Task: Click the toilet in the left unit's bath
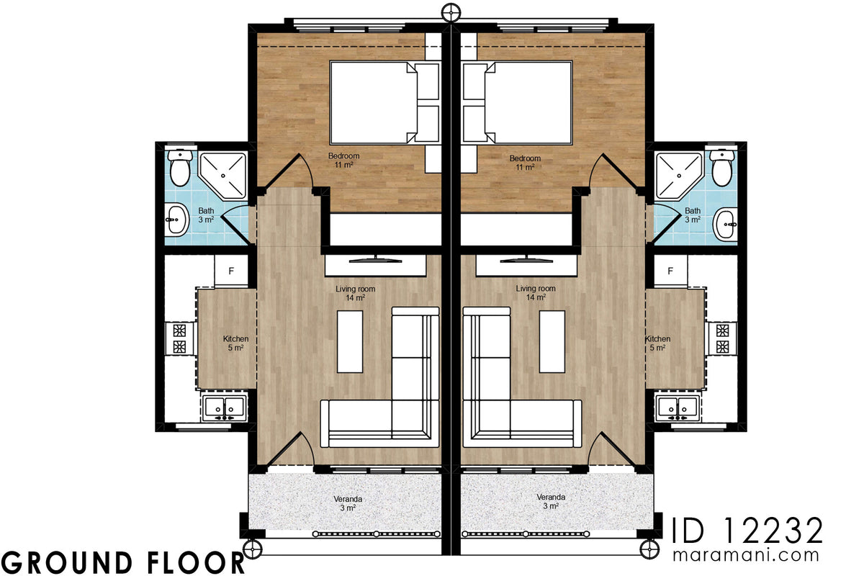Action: [x=179, y=166]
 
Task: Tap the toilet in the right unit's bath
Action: [x=720, y=166]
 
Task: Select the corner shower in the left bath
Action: [x=222, y=175]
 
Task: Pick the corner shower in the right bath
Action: [x=677, y=175]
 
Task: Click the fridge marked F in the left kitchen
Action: [x=231, y=271]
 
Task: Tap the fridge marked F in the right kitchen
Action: [x=670, y=271]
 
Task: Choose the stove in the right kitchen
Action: [x=722, y=338]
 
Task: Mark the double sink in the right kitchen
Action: [x=677, y=408]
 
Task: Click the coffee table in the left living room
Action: [x=350, y=341]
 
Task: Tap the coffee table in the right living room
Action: [x=552, y=341]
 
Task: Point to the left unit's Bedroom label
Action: [x=343, y=160]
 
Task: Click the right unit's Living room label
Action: [x=536, y=292]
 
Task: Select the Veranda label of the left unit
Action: [x=347, y=502]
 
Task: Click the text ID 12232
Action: [x=747, y=531]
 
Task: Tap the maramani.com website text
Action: [x=747, y=555]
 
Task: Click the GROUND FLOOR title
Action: [x=122, y=561]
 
